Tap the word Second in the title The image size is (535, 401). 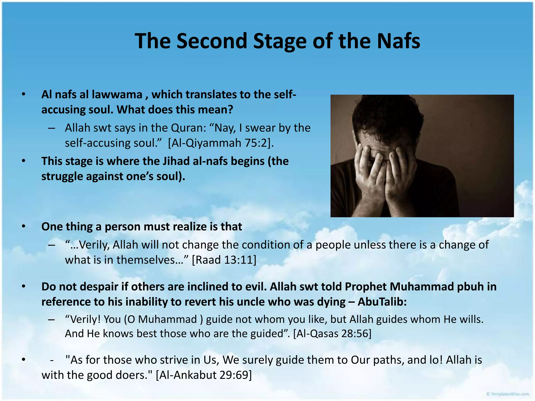pyautogui.click(x=212, y=41)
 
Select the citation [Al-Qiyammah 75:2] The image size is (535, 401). pyautogui.click(x=221, y=143)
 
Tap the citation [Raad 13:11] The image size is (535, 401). pyautogui.click(x=224, y=260)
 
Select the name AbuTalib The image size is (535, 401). pyautogui.click(x=382, y=302)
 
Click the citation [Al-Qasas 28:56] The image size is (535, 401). pyautogui.click(x=332, y=334)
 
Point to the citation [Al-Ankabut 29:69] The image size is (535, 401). pyautogui.click(x=204, y=375)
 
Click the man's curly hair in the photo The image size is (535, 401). pyautogui.click(x=387, y=115)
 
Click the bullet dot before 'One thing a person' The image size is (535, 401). pyautogui.click(x=24, y=226)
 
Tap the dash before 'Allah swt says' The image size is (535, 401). pyautogui.click(x=51, y=128)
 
